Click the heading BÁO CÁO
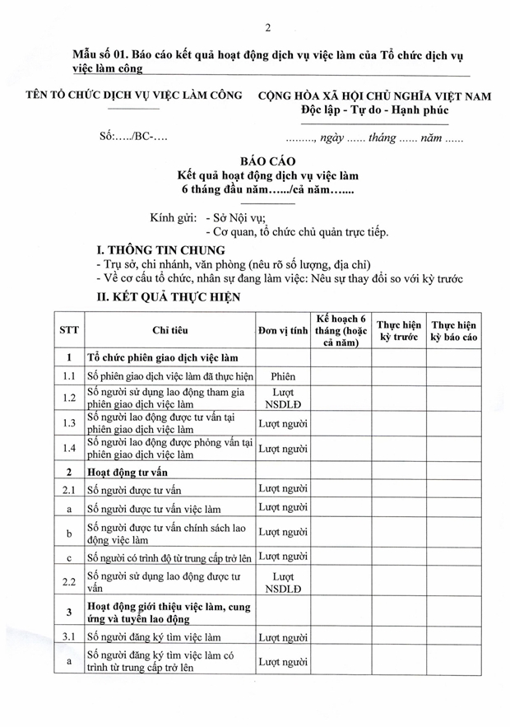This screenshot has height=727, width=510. point(267,161)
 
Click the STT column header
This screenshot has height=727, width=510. point(69,330)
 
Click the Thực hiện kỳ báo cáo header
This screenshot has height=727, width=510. point(454,330)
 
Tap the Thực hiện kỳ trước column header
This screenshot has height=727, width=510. point(399,330)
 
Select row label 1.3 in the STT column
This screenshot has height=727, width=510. point(69,423)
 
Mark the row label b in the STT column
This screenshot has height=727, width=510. point(69,533)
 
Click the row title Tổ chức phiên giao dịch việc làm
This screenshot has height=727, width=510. point(163,357)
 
